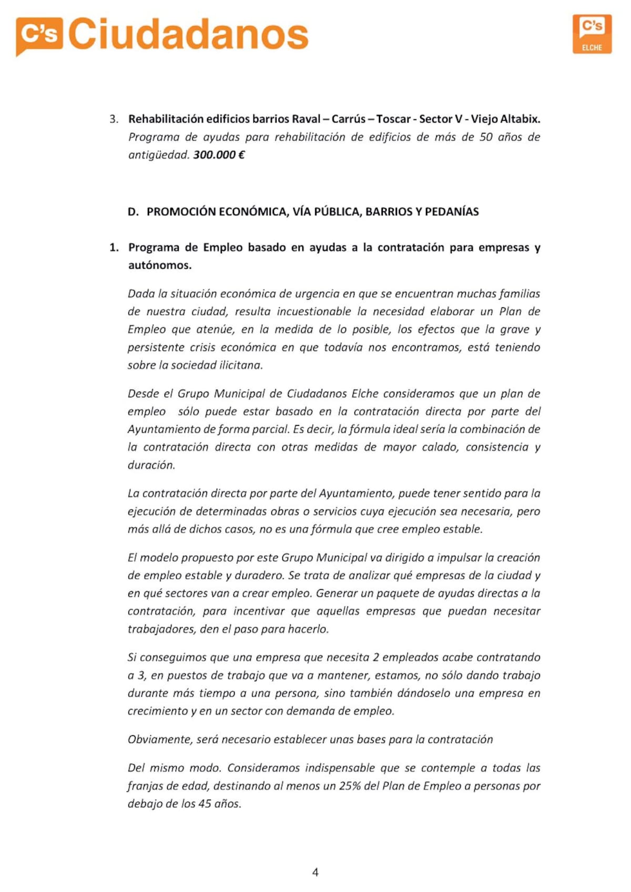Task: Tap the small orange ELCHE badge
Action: point(592,34)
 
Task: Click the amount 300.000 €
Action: point(219,155)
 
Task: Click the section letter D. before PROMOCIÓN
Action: point(133,212)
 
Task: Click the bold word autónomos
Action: point(159,265)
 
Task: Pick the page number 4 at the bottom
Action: point(315,872)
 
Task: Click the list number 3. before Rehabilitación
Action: point(114,119)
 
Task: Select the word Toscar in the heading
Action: point(393,119)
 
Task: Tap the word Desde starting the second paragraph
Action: point(142,394)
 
